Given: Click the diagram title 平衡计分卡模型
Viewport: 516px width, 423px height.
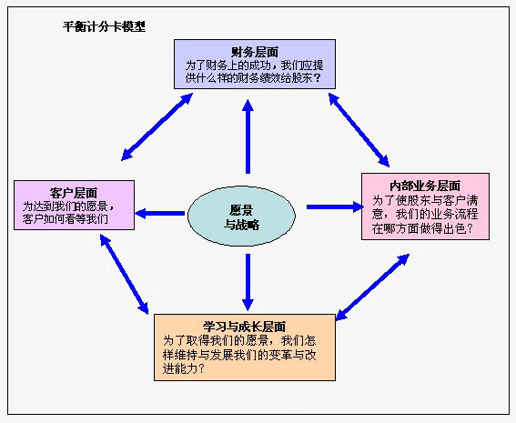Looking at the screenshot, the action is pyautogui.click(x=104, y=26).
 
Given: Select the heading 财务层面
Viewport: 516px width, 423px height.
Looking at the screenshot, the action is pyautogui.click(x=255, y=52).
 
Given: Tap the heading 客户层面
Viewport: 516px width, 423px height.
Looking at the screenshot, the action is pyautogui.click(x=74, y=193).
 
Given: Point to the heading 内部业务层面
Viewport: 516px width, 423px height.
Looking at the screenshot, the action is pyautogui.click(x=425, y=186).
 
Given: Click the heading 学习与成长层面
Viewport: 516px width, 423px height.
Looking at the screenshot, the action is pyautogui.click(x=244, y=327).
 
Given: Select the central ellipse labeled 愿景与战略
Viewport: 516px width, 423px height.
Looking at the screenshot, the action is pyautogui.click(x=241, y=216).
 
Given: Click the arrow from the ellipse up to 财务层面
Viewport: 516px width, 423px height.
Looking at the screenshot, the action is pyautogui.click(x=248, y=136).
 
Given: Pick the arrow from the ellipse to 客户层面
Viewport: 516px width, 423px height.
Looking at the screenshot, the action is pyautogui.click(x=159, y=213).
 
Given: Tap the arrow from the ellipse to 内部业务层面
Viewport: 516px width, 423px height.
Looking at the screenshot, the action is pyautogui.click(x=335, y=206).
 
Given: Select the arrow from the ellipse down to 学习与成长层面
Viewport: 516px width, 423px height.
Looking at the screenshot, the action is pyautogui.click(x=248, y=282).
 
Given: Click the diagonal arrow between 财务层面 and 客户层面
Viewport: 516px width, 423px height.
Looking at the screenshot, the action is pyautogui.click(x=157, y=126).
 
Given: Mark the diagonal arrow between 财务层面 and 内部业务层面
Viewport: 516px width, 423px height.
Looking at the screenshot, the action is pyautogui.click(x=359, y=130).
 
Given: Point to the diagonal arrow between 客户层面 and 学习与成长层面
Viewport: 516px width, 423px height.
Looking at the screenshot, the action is pyautogui.click(x=124, y=274).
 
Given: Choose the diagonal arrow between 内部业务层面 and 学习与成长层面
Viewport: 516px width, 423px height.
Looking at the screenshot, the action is pyautogui.click(x=372, y=287).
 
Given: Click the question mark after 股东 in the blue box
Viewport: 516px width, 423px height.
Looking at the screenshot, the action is pyautogui.click(x=318, y=78).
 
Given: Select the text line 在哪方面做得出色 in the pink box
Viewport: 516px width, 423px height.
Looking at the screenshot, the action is pyautogui.click(x=419, y=228).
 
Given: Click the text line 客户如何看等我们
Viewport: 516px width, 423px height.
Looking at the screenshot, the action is pyautogui.click(x=66, y=218).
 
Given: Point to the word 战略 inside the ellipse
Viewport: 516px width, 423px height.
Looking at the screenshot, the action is pyautogui.click(x=248, y=225).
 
